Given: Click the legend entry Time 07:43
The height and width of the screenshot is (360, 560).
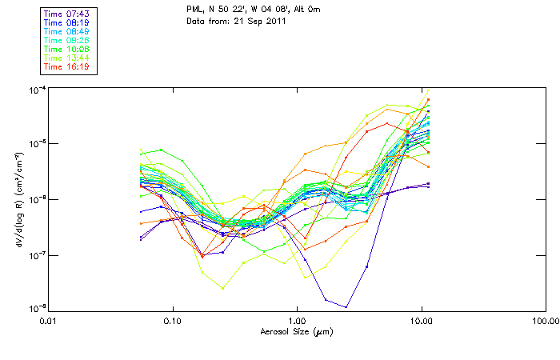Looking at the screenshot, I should click(68, 14).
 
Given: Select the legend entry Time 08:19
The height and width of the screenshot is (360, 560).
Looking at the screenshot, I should click(68, 22).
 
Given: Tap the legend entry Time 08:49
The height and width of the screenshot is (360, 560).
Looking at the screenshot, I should click(68, 31).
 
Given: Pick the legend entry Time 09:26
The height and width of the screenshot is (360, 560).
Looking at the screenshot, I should click(68, 40).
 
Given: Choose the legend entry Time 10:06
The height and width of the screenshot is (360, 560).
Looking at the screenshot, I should click(68, 49).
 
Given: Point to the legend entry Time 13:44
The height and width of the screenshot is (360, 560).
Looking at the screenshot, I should click(68, 58).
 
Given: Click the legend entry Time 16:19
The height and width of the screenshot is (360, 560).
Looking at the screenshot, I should click(68, 66).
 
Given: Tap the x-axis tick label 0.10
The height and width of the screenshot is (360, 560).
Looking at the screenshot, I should click(173, 322).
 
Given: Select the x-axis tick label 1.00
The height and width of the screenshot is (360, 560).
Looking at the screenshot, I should click(297, 322).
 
